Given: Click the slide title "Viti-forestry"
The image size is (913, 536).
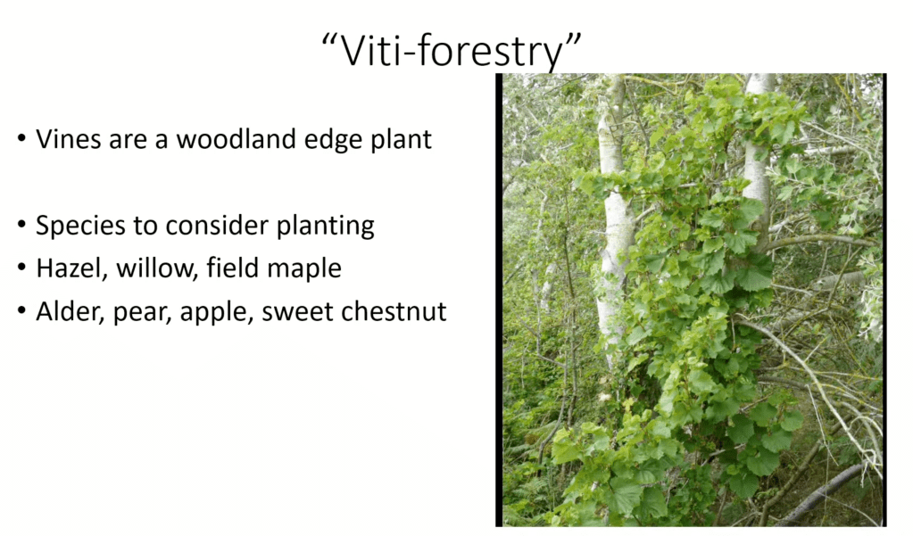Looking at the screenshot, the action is pos(452,51).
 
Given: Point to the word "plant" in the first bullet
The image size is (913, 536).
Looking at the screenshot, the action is pos(402,140).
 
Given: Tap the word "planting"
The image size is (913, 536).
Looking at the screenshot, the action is pos(325,227).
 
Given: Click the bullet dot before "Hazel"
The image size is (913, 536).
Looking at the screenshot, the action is pos(21,268).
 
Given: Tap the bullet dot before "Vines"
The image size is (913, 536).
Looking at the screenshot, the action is pos(21,138).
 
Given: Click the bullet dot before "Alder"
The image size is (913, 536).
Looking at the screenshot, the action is pos(21,310).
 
